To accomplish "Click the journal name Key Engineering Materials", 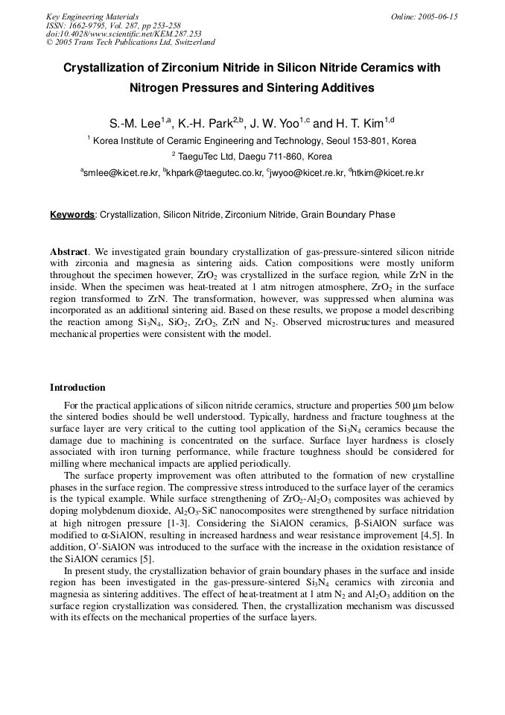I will coord(92,16).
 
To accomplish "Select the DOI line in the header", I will coord(124,34).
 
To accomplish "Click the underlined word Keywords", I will coord(72,215).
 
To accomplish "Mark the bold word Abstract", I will coord(69,252).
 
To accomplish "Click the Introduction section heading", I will coord(77,388).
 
